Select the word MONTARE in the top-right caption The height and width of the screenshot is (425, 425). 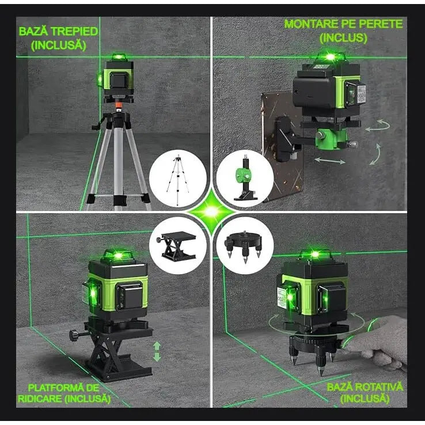pyautogui.click(x=312, y=25)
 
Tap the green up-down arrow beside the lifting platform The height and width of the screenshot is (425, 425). pyautogui.click(x=157, y=351)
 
